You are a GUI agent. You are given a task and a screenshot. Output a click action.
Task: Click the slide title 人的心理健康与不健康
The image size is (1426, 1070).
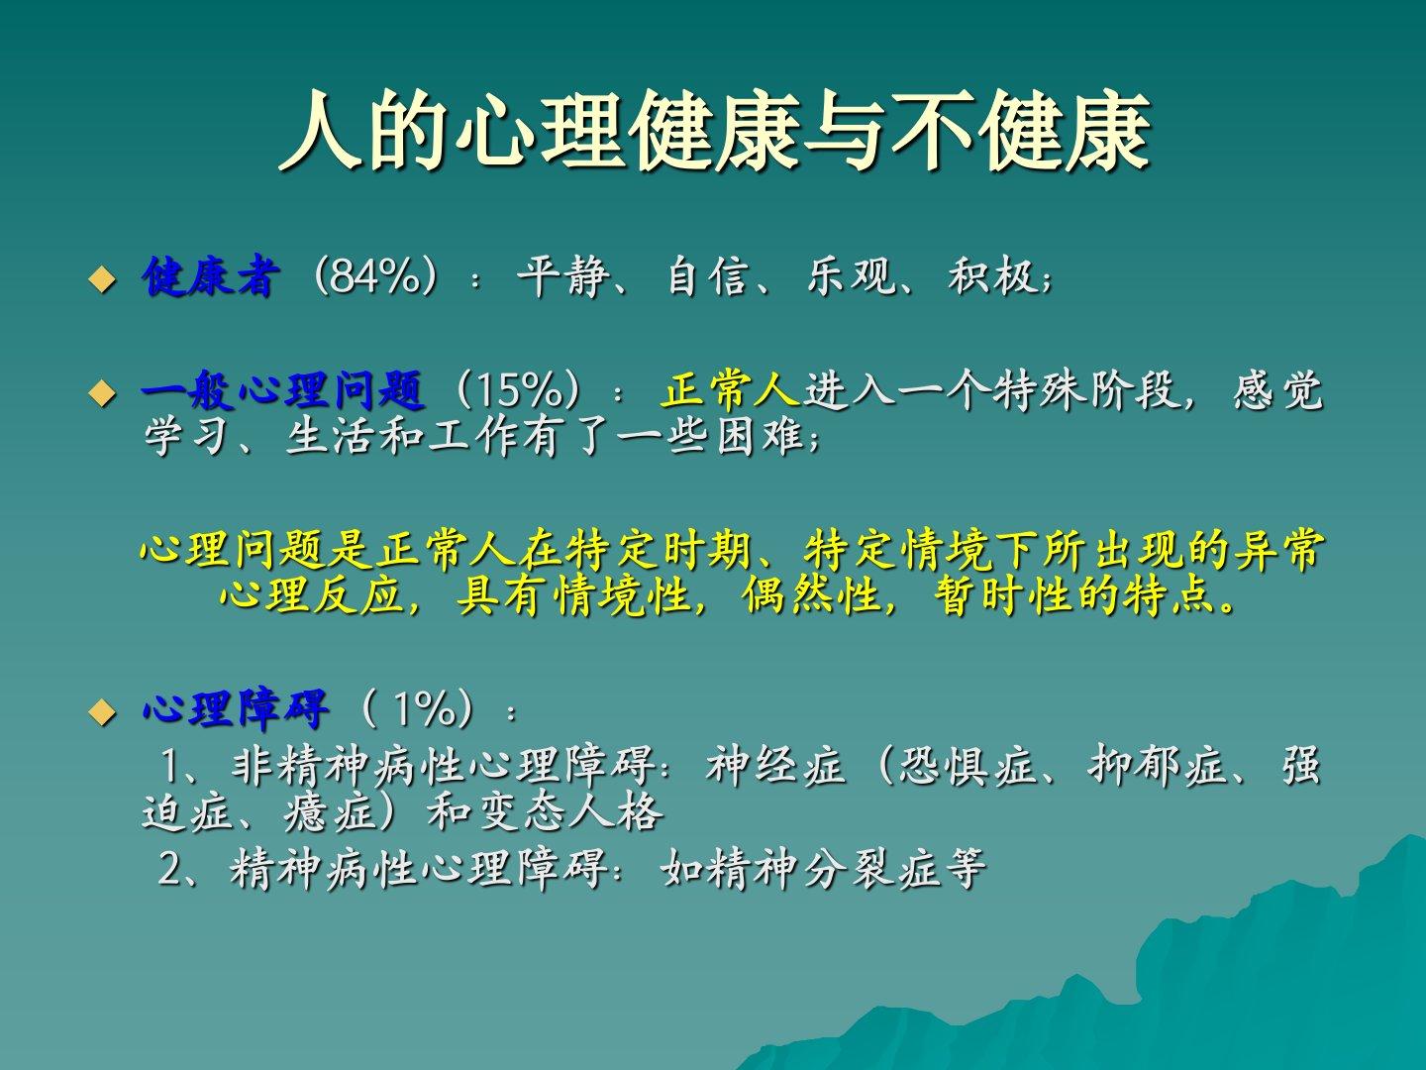click(x=715, y=131)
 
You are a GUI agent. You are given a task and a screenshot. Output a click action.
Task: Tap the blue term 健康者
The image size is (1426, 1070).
click(x=211, y=277)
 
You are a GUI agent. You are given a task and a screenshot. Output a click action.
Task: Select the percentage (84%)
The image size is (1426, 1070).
click(x=375, y=277)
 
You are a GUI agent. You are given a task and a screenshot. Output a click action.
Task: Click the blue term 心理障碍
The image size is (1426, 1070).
click(x=235, y=708)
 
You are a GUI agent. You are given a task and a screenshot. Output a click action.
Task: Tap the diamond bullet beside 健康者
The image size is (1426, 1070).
click(x=102, y=280)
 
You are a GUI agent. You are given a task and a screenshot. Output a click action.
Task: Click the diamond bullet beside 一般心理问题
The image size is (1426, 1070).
click(x=102, y=393)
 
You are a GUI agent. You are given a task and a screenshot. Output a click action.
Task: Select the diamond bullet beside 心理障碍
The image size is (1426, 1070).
click(x=102, y=712)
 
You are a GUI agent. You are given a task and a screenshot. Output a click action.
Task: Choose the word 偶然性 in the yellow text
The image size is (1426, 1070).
click(x=812, y=595)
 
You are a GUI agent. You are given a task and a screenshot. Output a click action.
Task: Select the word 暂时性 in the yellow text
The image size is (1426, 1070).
click(x=1004, y=595)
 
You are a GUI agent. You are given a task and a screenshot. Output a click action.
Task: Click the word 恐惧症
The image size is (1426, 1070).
click(x=968, y=765)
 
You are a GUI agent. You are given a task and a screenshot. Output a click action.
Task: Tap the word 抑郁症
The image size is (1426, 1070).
click(x=1159, y=765)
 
